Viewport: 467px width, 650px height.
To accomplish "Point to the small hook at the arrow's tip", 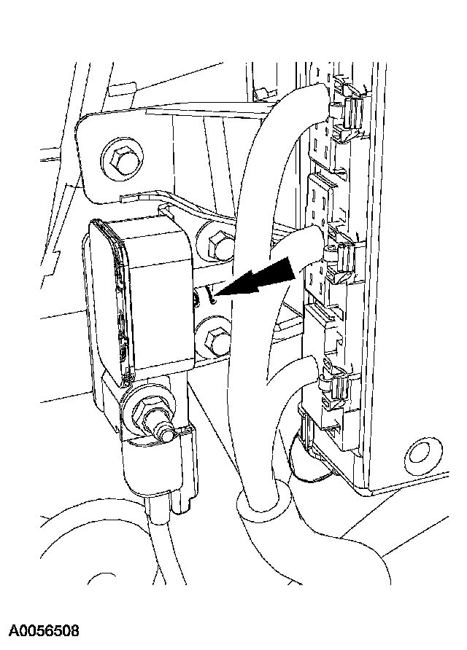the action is pos(210,294).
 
